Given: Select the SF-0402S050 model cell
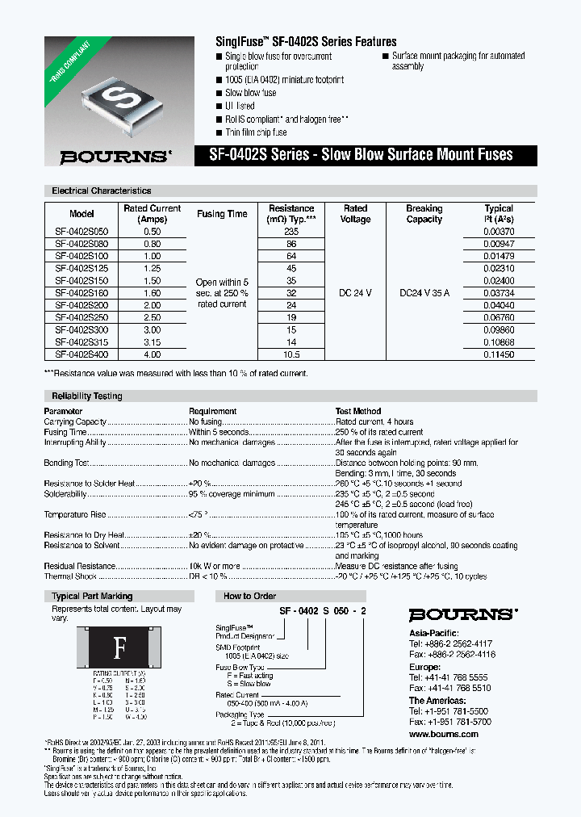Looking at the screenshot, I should click(82, 231).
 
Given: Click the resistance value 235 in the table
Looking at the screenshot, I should click(291, 231).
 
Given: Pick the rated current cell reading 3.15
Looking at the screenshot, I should click(153, 342).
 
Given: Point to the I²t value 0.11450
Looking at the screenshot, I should click(499, 354).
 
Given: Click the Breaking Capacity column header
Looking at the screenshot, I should click(424, 213).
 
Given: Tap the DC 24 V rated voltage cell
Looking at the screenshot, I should click(355, 293).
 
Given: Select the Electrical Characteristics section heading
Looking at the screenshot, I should click(102, 191).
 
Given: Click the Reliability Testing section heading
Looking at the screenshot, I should click(87, 396).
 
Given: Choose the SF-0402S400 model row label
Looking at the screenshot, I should click(82, 354).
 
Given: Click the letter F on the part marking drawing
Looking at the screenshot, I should click(119, 647).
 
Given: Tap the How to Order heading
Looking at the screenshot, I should click(249, 596).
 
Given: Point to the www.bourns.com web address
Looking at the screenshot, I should click(443, 734).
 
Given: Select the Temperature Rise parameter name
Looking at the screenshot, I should click(75, 514).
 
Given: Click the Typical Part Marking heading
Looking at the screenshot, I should click(92, 596).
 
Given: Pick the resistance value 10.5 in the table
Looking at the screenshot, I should click(291, 354).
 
